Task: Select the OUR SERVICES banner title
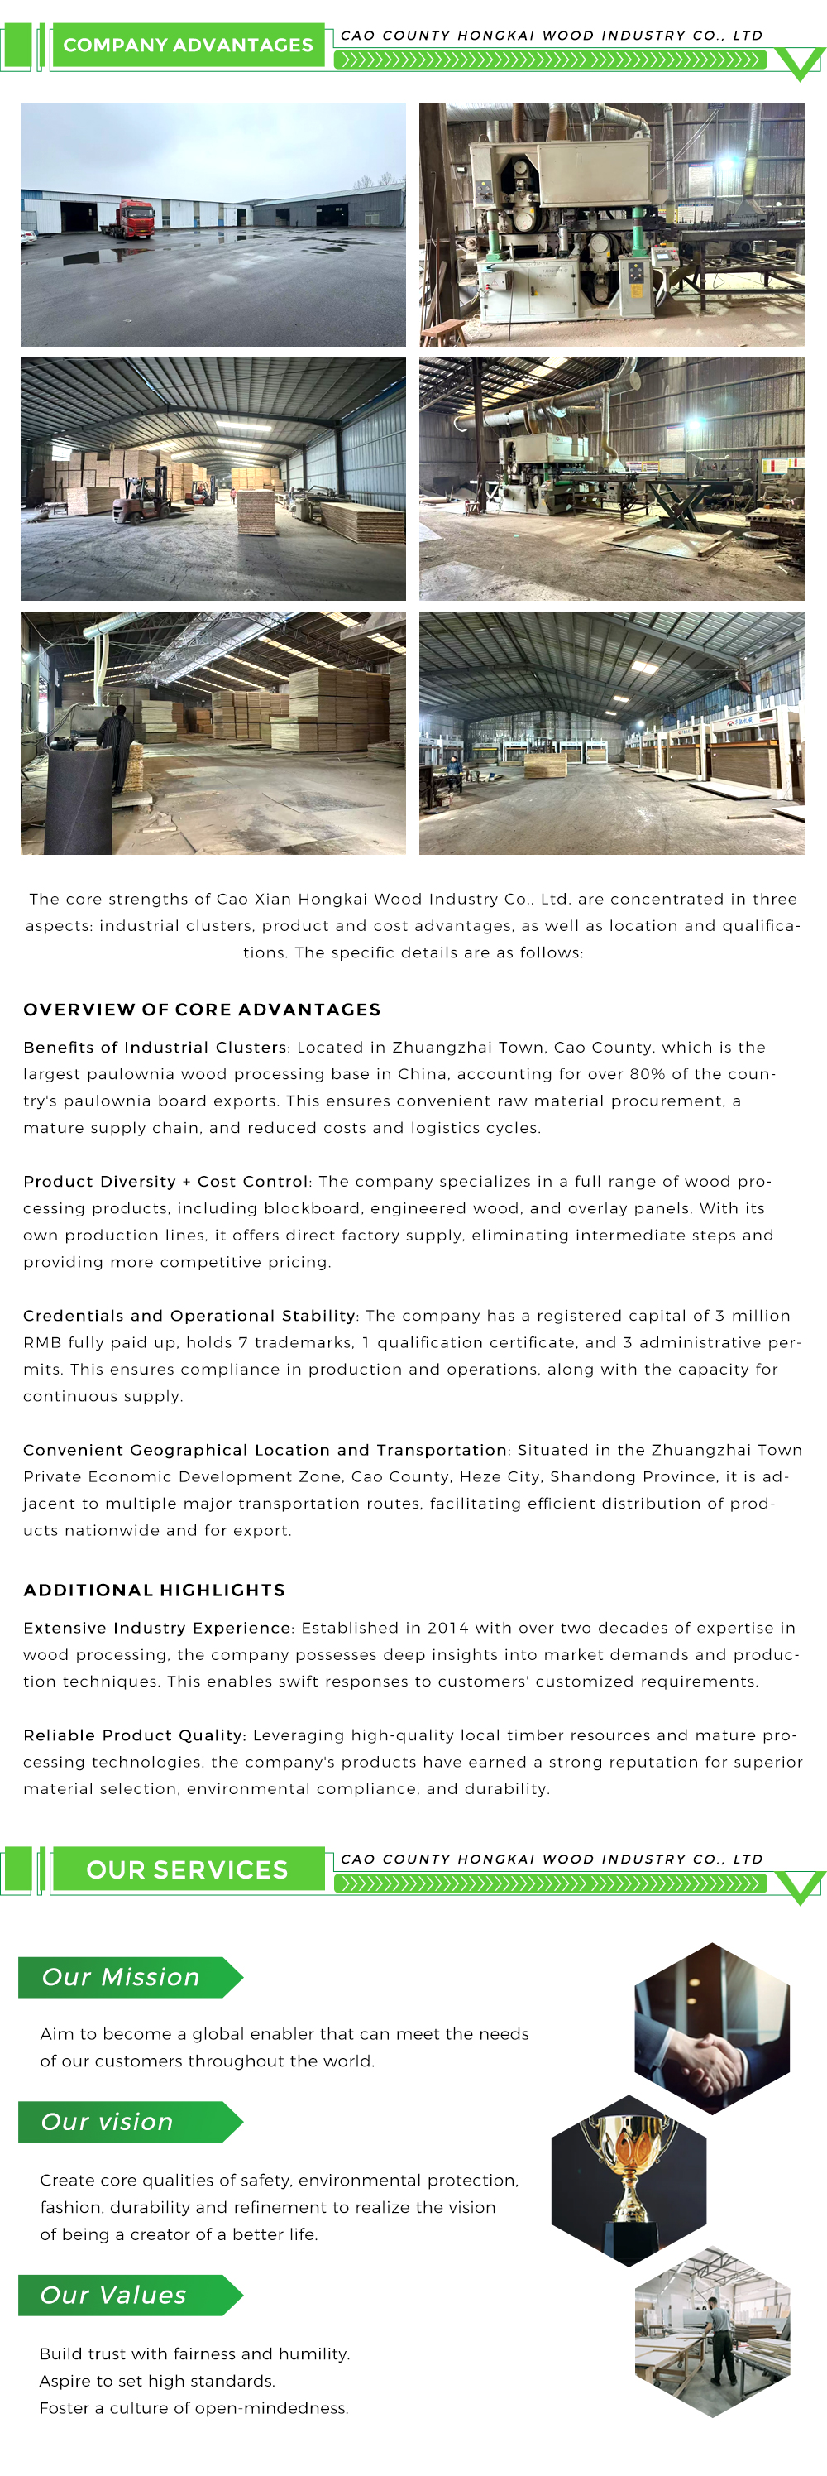(187, 1869)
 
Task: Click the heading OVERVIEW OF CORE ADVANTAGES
(202, 1010)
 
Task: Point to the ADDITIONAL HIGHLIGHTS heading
(154, 1590)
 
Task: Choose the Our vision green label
(108, 2121)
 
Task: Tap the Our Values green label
(113, 2294)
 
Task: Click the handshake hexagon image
(712, 2028)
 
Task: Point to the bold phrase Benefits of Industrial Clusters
(155, 1047)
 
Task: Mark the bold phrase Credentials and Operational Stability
(189, 1315)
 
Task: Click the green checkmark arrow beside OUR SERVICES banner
(799, 1887)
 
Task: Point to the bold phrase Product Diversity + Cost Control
(165, 1181)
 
